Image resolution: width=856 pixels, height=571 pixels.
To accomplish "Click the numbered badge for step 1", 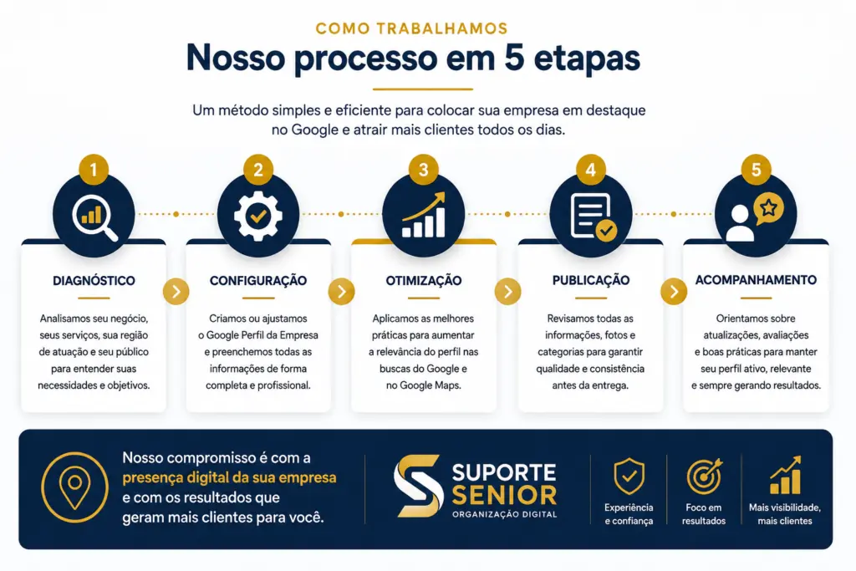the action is (94, 169).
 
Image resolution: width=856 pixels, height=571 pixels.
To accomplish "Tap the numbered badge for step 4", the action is (590, 169).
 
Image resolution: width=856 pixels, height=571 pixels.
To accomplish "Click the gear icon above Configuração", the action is (258, 217).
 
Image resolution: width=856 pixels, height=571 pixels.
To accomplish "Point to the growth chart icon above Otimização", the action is (424, 215).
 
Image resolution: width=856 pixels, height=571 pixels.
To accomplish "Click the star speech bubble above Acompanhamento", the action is (769, 209).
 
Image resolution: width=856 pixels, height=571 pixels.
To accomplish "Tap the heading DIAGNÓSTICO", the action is (94, 281).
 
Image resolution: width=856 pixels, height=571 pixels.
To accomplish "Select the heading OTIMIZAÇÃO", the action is (424, 281).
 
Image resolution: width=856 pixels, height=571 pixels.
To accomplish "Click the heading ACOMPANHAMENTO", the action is (756, 280).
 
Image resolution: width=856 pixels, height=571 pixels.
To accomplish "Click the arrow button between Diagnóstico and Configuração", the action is (176, 292).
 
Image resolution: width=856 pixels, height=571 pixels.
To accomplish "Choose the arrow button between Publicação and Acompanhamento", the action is (674, 292).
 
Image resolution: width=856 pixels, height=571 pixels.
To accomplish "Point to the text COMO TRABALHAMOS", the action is (411, 28).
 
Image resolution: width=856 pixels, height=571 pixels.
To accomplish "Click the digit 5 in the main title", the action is (514, 58).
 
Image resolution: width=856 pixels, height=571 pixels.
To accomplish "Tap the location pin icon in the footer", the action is (74, 487).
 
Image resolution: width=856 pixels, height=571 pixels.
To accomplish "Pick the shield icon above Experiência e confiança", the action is (629, 476).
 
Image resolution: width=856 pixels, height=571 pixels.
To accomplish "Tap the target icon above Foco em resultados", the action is (704, 476).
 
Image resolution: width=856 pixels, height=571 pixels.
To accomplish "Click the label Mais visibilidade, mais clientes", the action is (784, 514).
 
